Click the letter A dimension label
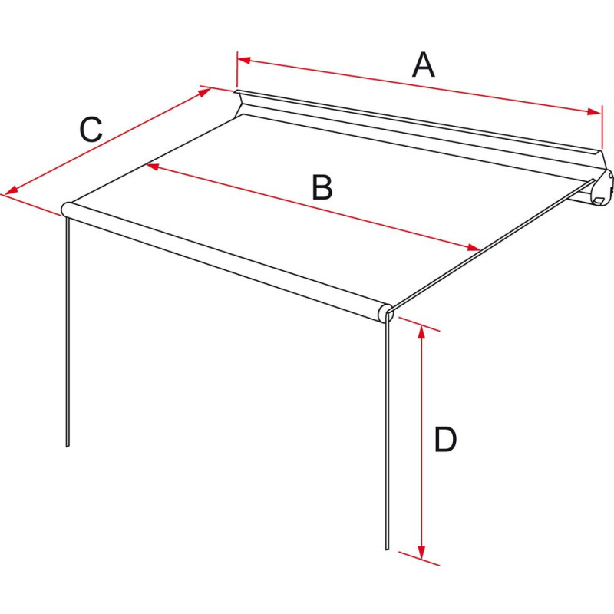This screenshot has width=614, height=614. click(x=423, y=65)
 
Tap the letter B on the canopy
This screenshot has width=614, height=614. click(x=322, y=188)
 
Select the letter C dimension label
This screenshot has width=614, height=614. click(x=91, y=130)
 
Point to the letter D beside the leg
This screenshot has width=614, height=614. click(x=445, y=441)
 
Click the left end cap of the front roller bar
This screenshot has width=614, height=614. click(x=67, y=208)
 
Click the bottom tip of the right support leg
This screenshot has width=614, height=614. click(x=387, y=547)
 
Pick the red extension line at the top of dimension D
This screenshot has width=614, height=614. click(x=419, y=323)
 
